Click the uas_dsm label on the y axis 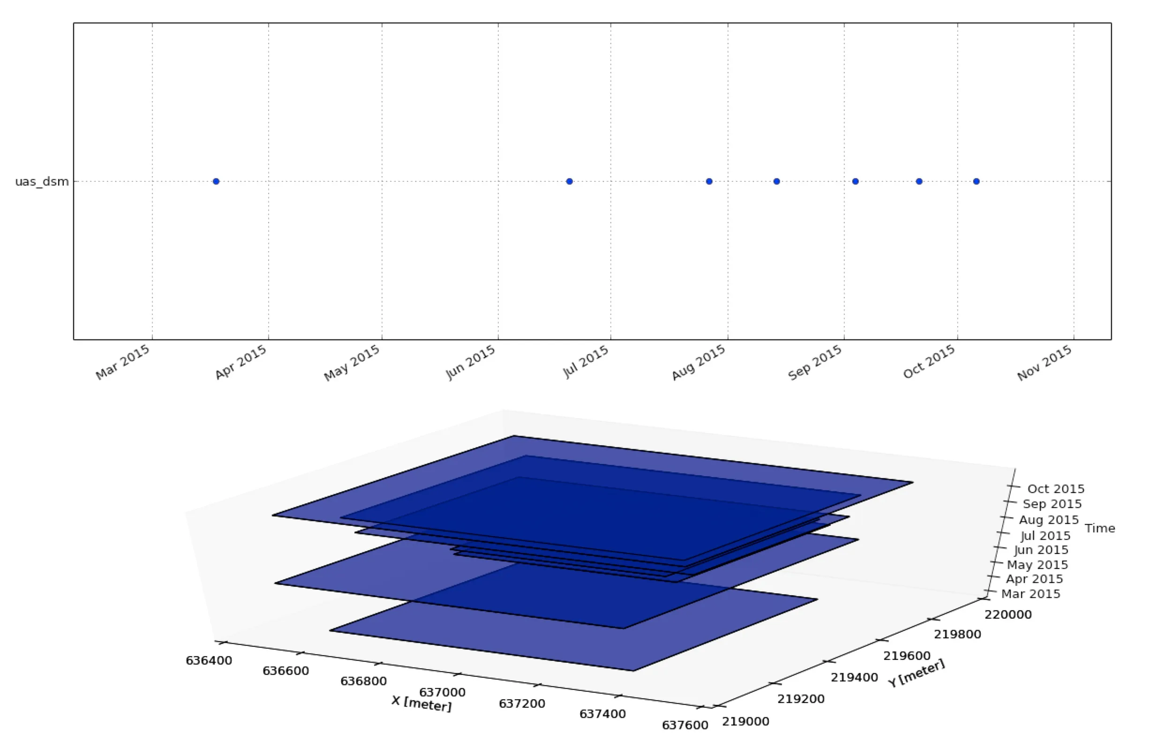tap(42, 182)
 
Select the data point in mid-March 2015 tap(216, 181)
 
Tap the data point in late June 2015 tap(569, 181)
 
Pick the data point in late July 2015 tap(709, 181)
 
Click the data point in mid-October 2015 tap(976, 181)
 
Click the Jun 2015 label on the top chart tap(471, 362)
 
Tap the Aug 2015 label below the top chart tap(699, 362)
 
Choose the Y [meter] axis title tap(916, 673)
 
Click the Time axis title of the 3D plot tap(1100, 528)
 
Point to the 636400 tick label tap(209, 660)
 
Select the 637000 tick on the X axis tap(442, 692)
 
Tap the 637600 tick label tap(685, 725)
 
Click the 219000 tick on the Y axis tap(745, 722)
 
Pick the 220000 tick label tap(1008, 615)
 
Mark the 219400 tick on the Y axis tap(855, 677)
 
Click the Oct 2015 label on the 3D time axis tap(1056, 489)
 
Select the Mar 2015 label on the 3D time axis tap(1031, 594)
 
